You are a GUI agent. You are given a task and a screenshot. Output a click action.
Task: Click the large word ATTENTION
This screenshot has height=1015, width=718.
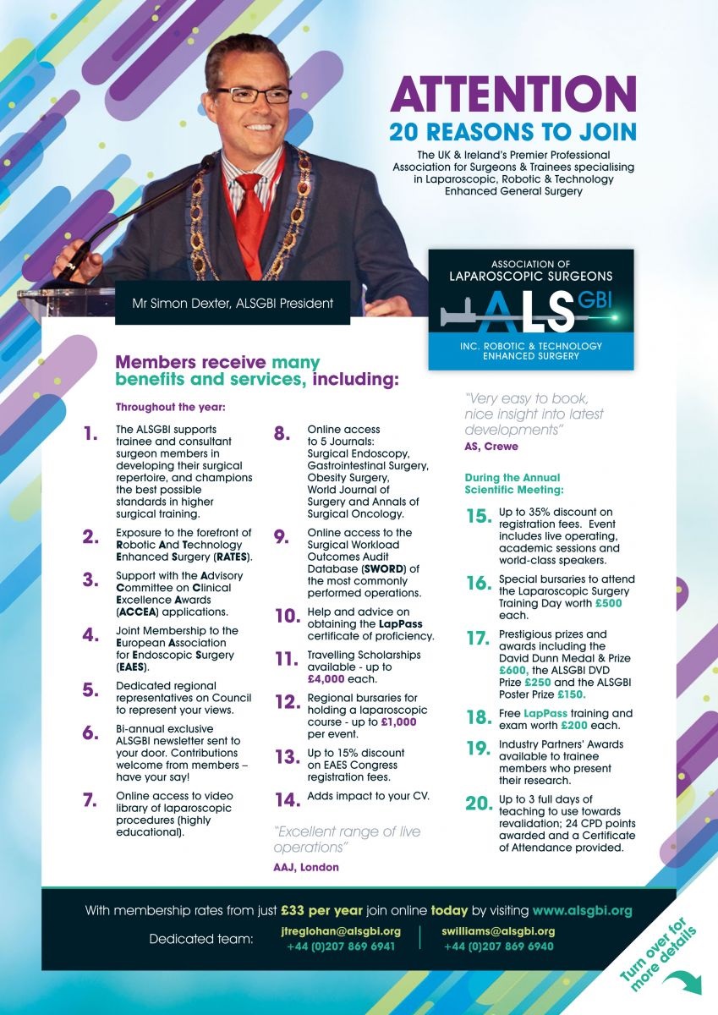pos(513,94)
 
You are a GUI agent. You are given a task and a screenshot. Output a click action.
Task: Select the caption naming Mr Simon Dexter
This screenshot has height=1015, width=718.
pos(233,303)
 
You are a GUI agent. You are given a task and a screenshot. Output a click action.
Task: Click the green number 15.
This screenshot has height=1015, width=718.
pos(478,517)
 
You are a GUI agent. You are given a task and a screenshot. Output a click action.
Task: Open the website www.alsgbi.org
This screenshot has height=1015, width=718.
pos(582,911)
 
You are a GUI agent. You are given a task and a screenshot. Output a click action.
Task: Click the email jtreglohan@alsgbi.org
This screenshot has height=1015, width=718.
pos(341,931)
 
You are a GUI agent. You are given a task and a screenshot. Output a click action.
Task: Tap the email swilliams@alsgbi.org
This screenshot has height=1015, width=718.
pos(498,931)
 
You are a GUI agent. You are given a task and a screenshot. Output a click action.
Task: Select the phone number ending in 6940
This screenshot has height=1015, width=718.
pos(498,946)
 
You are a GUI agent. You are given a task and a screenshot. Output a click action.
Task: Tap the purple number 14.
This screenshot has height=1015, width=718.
pos(288,799)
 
